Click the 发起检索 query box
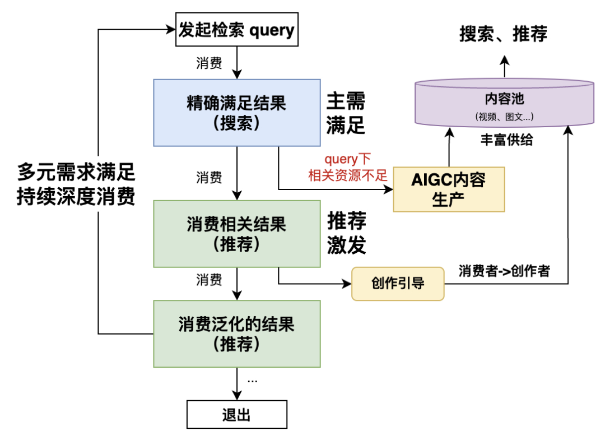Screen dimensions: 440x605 click(x=236, y=30)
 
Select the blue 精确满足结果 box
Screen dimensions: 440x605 click(x=237, y=113)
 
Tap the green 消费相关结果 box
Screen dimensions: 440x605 click(x=237, y=234)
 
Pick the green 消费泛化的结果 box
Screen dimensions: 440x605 click(x=237, y=334)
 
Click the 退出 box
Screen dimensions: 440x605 click(x=236, y=415)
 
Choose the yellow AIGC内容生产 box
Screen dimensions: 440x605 click(x=448, y=189)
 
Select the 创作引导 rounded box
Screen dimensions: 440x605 click(x=397, y=283)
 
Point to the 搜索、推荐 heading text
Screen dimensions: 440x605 click(x=503, y=34)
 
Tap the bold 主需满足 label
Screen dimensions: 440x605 click(x=346, y=114)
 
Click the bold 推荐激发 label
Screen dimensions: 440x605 click(x=346, y=234)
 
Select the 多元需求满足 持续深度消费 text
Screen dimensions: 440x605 click(x=76, y=184)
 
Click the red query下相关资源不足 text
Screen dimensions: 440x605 click(x=348, y=168)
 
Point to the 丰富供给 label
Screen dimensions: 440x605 click(x=506, y=140)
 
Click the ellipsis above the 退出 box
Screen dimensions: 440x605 click(x=252, y=381)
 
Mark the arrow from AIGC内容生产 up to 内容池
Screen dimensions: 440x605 click(x=448, y=147)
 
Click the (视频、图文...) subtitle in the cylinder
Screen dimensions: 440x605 click(x=504, y=117)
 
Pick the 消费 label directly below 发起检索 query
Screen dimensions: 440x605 click(x=209, y=63)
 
